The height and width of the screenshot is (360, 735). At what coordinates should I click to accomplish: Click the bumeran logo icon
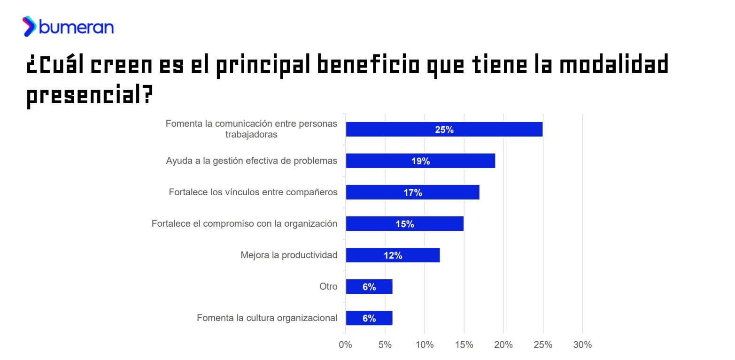(29, 26)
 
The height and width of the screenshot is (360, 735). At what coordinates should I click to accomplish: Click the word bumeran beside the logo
(76, 27)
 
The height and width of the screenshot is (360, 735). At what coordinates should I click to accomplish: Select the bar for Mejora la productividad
(393, 255)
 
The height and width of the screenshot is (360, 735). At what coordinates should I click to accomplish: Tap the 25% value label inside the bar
(444, 130)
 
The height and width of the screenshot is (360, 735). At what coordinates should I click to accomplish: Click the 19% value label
(420, 161)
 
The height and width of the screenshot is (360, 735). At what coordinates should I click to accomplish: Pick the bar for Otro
(369, 286)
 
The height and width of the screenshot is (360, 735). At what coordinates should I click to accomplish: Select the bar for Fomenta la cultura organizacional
(369, 318)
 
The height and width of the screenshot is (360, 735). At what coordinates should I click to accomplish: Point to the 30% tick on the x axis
(582, 345)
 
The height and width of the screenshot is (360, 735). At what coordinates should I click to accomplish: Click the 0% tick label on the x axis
(345, 345)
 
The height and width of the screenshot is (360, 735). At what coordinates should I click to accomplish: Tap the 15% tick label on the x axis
(464, 345)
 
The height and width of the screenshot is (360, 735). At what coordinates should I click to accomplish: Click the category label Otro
(328, 286)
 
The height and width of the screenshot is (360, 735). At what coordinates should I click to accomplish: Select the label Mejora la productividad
(289, 255)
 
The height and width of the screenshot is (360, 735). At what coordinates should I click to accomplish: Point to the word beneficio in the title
(368, 64)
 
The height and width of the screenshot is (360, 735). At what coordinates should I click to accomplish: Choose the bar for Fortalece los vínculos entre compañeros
(412, 192)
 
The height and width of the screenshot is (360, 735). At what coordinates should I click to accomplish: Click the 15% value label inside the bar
(404, 224)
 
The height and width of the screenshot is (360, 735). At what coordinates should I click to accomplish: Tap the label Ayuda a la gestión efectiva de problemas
(251, 161)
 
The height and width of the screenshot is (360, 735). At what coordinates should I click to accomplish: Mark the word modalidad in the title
(614, 64)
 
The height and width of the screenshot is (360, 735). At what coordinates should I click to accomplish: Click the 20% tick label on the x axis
(503, 345)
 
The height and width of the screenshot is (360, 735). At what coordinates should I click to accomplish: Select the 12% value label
(393, 255)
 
